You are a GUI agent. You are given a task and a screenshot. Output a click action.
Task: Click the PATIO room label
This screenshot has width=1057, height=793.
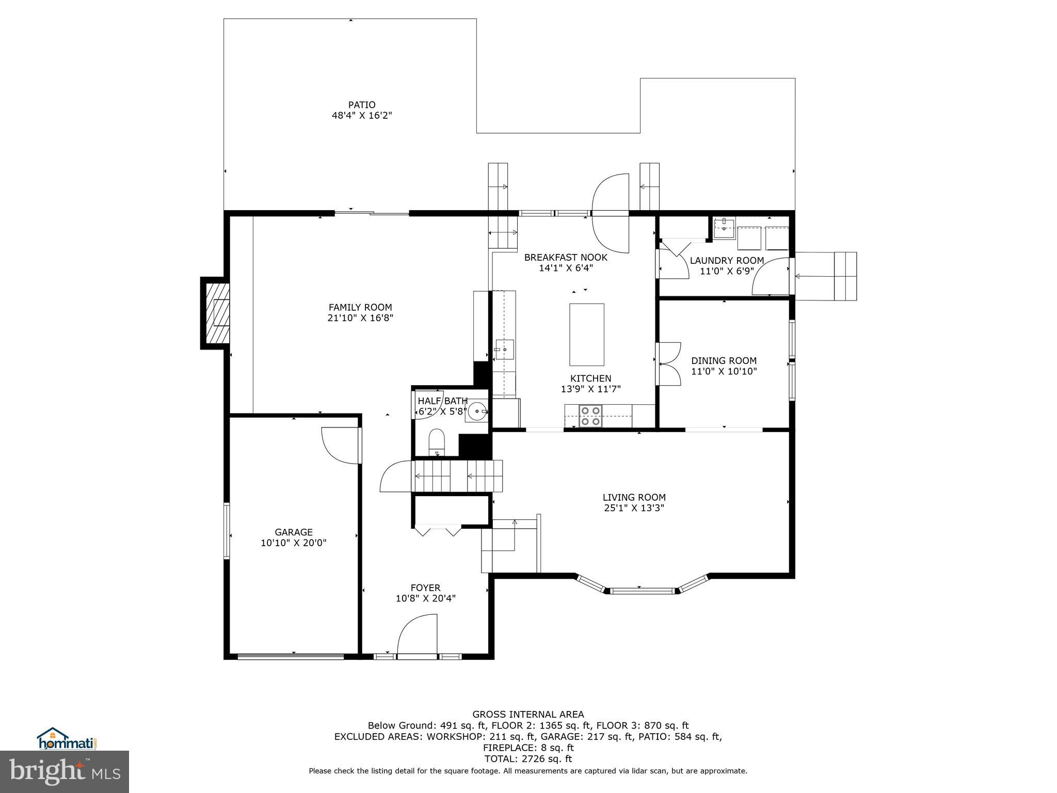coord(361,105)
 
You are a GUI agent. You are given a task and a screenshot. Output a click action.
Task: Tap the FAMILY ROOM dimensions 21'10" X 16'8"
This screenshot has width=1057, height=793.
coord(360,319)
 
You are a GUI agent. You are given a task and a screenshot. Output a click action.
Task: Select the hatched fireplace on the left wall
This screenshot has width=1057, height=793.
coord(217,313)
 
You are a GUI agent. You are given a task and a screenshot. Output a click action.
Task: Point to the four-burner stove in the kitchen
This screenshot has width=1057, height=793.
coord(590,416)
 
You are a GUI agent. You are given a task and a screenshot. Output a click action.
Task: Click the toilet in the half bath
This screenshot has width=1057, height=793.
coord(437,441)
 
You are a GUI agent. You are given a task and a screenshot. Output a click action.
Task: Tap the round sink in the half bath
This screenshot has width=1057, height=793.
coord(477,411)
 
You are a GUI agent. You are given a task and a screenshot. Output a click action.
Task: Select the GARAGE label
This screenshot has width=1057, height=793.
coord(293,532)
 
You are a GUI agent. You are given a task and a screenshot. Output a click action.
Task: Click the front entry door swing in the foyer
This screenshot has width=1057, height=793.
coord(417,636)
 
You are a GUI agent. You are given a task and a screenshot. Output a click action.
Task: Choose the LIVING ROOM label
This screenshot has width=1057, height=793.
coord(634,497)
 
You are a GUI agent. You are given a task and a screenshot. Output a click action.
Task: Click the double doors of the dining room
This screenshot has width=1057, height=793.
coord(668,364)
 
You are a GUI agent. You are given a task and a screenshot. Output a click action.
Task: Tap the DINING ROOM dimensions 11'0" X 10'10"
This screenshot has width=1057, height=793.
coord(724,371)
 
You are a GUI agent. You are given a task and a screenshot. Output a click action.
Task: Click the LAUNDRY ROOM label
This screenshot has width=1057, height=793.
coord(727,261)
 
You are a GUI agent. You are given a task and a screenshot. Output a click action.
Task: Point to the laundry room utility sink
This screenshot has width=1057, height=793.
coord(725,228)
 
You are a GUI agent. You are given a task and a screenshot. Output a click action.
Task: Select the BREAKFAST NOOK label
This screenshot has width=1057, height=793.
coord(566,257)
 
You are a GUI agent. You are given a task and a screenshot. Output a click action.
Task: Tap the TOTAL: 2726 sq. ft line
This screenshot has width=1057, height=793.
coord(528,759)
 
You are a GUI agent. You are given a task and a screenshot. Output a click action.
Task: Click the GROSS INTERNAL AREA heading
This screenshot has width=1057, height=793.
coord(528,715)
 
